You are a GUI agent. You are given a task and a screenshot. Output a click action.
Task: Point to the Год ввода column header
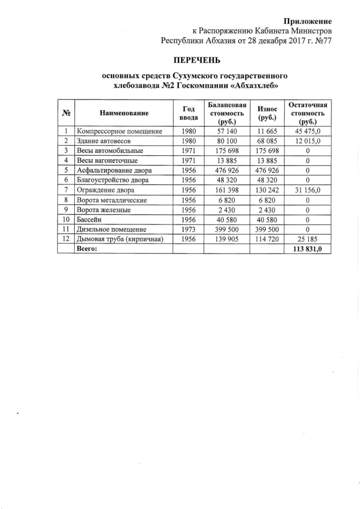coord(188,113)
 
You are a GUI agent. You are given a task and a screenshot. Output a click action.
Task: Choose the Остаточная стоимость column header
coord(308,113)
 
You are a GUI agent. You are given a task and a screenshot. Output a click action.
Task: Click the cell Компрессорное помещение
coord(119,131)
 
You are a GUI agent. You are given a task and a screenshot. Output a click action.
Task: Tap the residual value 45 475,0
coord(308,131)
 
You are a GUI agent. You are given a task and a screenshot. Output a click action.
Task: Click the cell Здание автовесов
coord(103,141)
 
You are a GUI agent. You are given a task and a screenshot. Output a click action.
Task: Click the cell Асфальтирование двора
coord(115,170)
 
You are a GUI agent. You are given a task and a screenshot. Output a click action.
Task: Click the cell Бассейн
coord(90,219)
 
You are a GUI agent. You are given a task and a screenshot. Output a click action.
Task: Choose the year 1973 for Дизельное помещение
coord(188,229)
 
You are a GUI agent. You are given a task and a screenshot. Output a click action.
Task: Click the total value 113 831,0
coord(308,249)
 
